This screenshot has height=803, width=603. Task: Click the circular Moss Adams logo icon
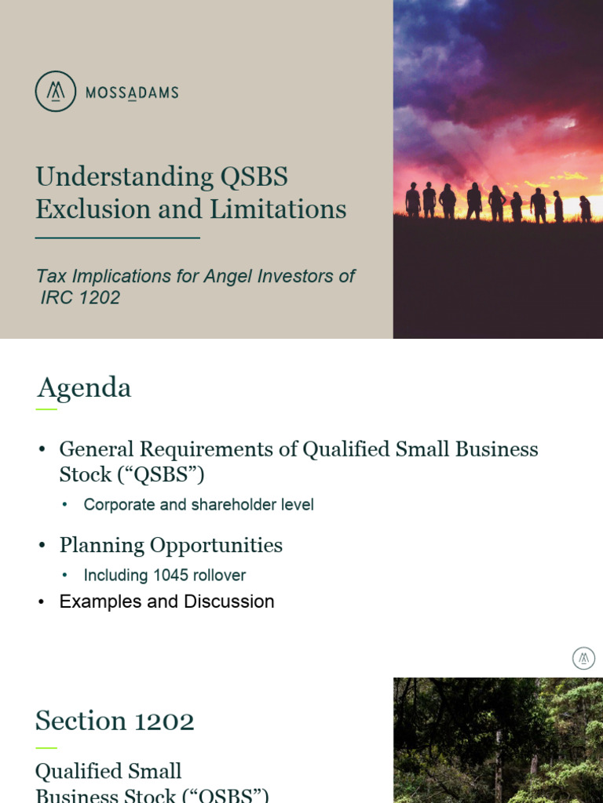(56, 92)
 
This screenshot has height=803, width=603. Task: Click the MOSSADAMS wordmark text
(132, 93)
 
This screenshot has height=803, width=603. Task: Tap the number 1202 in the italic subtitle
(99, 298)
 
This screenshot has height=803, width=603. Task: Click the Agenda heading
(83, 388)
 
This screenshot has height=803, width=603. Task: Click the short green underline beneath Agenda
(46, 409)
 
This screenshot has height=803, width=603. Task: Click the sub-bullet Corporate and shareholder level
(199, 505)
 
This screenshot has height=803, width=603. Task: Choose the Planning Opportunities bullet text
(170, 546)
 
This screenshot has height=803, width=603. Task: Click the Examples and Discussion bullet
(166, 602)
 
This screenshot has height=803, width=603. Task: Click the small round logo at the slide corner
(583, 658)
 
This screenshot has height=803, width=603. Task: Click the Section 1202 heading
(115, 721)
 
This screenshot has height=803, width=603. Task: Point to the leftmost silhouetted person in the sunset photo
(412, 200)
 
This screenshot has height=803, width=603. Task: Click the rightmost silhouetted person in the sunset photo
(585, 209)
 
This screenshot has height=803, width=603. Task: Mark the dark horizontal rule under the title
(118, 237)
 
